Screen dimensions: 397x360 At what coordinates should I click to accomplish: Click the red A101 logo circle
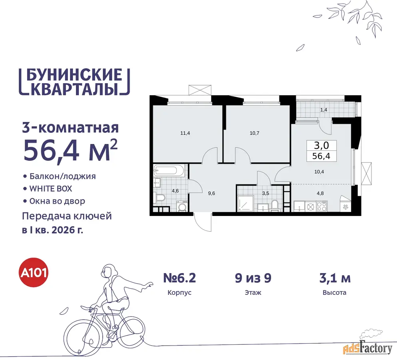click(34, 272)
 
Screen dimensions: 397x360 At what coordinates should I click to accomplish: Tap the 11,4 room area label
click(185, 133)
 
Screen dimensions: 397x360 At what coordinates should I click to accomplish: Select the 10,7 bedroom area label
click(254, 133)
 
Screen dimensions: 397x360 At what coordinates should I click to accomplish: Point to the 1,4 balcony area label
click(323, 110)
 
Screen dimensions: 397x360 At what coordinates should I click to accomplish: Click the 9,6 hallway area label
click(211, 193)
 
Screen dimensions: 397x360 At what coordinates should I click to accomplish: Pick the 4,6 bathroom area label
click(175, 191)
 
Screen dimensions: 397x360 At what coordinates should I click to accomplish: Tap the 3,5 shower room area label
click(265, 193)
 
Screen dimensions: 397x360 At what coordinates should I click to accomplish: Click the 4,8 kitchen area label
click(320, 193)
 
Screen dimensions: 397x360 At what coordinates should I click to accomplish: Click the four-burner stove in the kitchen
click(322, 206)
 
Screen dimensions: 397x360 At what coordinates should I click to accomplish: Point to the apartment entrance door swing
click(203, 222)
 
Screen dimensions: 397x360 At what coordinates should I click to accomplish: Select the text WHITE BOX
click(51, 189)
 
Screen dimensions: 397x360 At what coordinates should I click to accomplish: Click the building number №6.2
click(180, 278)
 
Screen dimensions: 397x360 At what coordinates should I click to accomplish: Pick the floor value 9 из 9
click(253, 278)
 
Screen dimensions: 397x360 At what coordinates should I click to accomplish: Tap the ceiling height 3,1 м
click(335, 278)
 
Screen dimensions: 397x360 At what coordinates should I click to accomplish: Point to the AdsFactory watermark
click(368, 349)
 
